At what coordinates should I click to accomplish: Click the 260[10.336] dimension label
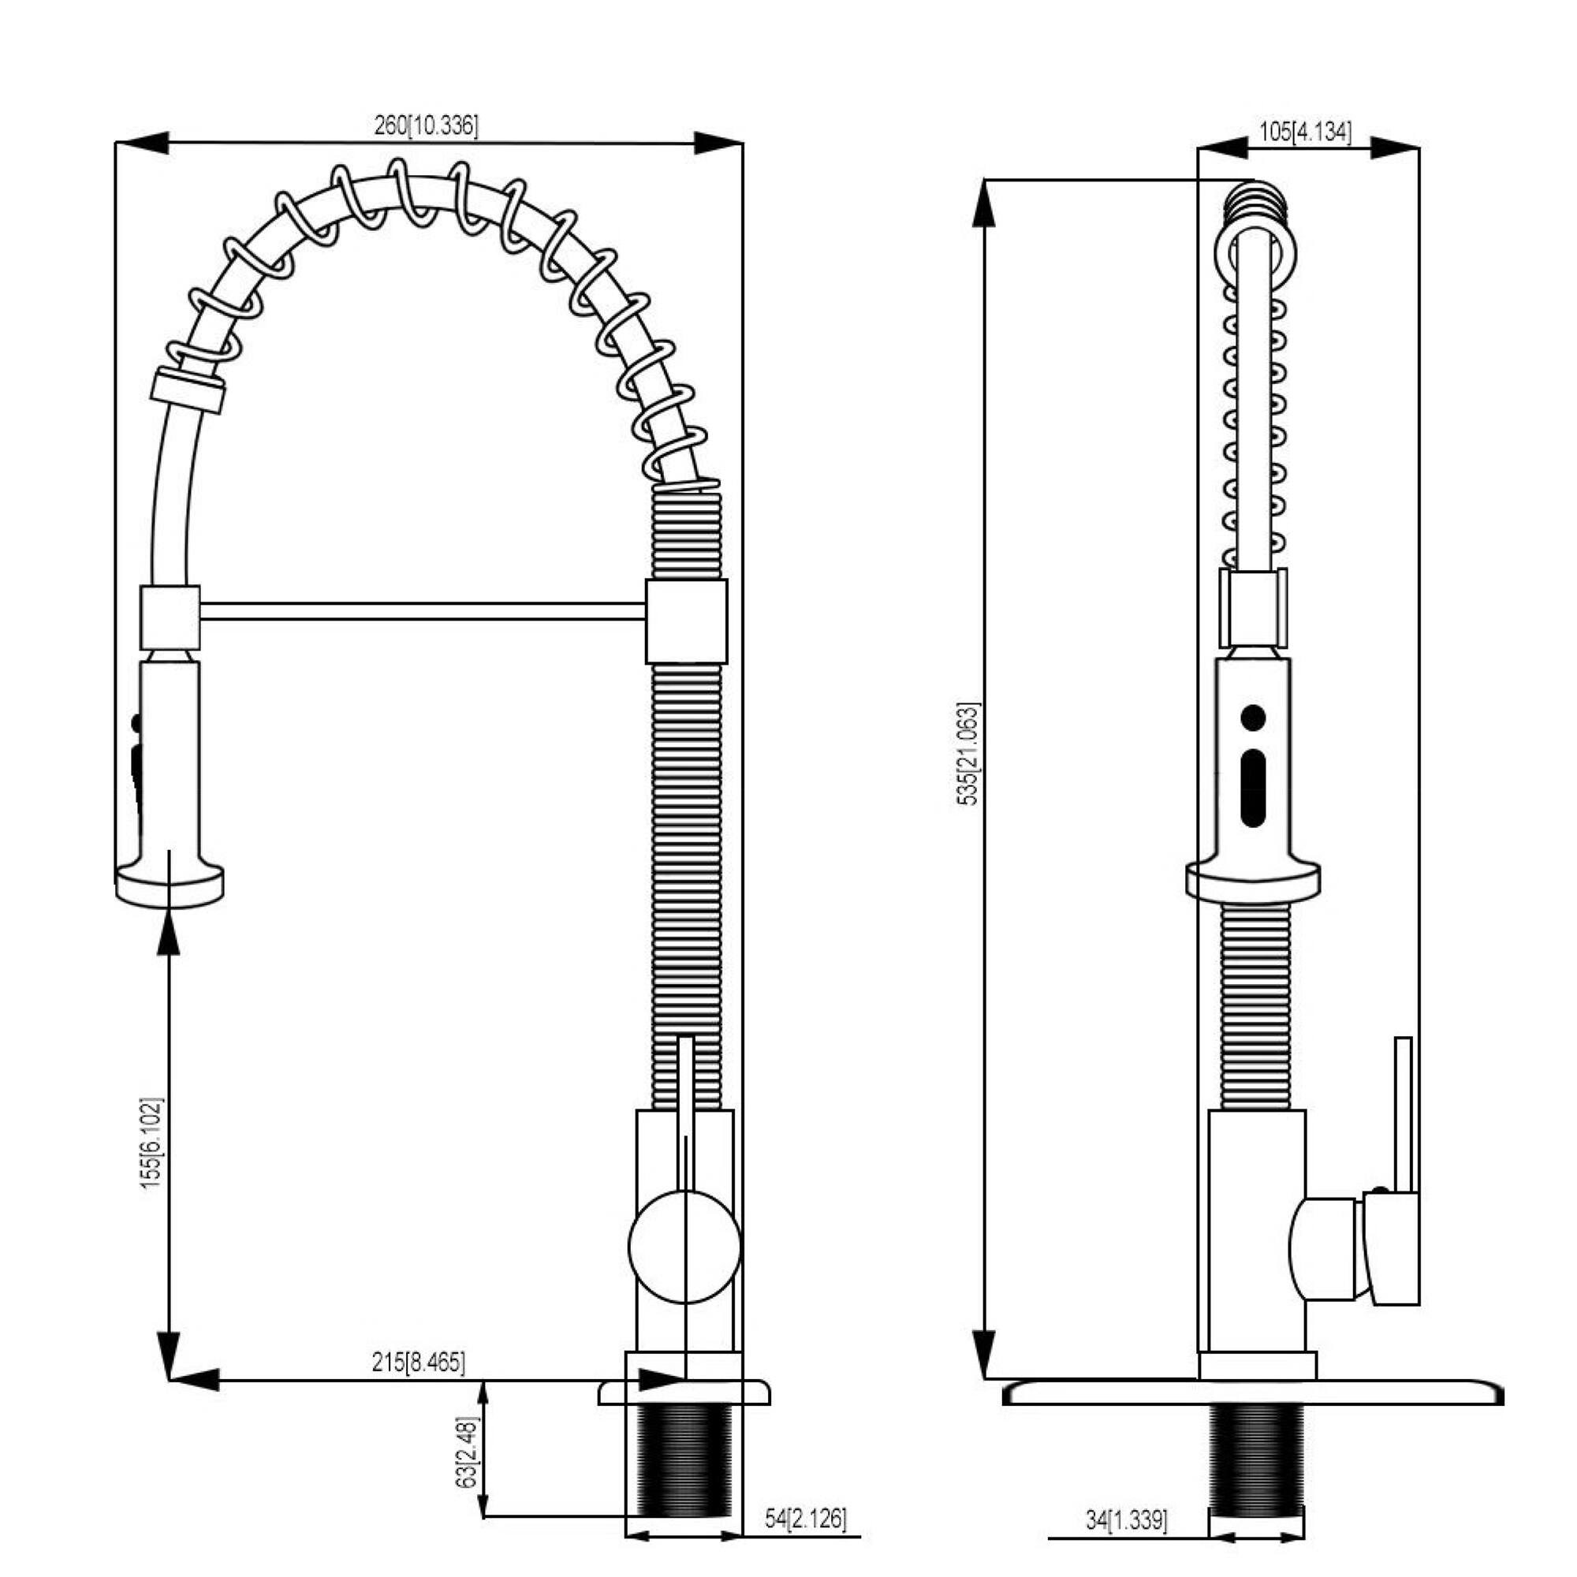pyautogui.click(x=426, y=125)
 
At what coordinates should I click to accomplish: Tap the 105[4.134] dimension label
pyautogui.click(x=1304, y=132)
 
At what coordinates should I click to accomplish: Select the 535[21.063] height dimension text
pyautogui.click(x=967, y=753)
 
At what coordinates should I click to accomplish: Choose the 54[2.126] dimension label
pyautogui.click(x=805, y=1518)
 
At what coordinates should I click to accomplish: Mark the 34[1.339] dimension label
pyautogui.click(x=1127, y=1520)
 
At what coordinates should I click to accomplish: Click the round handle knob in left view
pyautogui.click(x=684, y=1247)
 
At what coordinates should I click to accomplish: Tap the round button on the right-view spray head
pyautogui.click(x=1252, y=718)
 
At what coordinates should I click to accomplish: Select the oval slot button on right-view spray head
pyautogui.click(x=1252, y=788)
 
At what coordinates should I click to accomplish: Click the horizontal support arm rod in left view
pyautogui.click(x=422, y=611)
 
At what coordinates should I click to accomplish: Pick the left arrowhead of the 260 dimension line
pyautogui.click(x=143, y=142)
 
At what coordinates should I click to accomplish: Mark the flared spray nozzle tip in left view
pyautogui.click(x=170, y=885)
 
